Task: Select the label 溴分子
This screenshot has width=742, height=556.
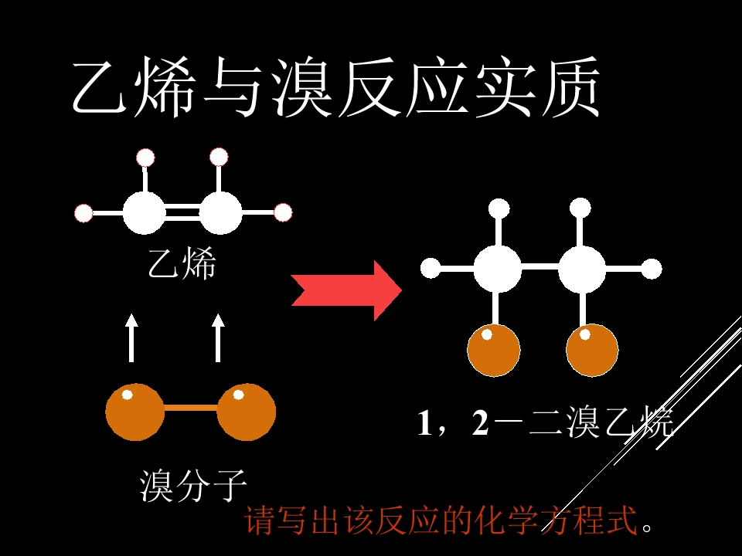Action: pyautogui.click(x=193, y=486)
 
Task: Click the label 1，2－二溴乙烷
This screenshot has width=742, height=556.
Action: pyautogui.click(x=545, y=422)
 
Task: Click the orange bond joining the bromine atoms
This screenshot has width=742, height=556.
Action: pyautogui.click(x=191, y=408)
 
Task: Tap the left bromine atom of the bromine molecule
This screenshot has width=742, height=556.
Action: pyautogui.click(x=134, y=412)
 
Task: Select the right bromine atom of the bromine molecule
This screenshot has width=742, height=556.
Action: pyautogui.click(x=246, y=412)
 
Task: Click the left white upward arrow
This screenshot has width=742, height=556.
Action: pyautogui.click(x=131, y=337)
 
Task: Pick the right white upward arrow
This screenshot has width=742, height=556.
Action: pyautogui.click(x=218, y=337)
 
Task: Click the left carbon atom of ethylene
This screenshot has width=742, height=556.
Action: pyautogui.click(x=145, y=213)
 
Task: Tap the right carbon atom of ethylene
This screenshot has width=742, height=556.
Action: pyautogui.click(x=220, y=213)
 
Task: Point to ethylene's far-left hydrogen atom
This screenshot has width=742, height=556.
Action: pyautogui.click(x=83, y=213)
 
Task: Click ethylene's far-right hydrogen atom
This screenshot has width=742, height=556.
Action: pyautogui.click(x=283, y=213)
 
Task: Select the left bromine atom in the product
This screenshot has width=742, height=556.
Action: pyautogui.click(x=494, y=351)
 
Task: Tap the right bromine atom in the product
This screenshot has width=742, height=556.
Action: pyautogui.click(x=592, y=351)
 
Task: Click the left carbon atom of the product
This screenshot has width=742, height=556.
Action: pyautogui.click(x=497, y=269)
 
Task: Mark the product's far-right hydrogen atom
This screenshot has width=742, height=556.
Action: pyautogui.click(x=652, y=269)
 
